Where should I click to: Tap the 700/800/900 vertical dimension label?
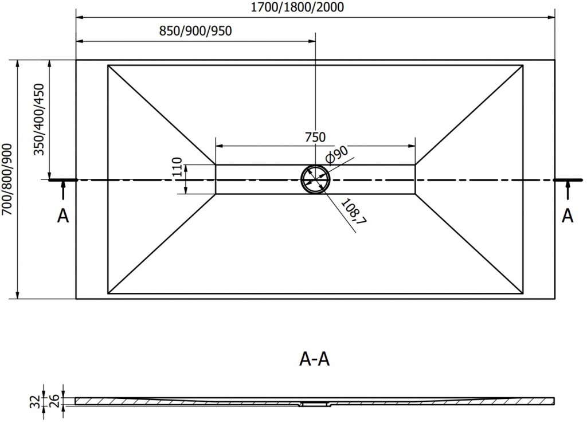[8, 179]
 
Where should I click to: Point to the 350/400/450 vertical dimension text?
[40, 119]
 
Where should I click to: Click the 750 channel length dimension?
[315, 137]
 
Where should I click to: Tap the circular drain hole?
[315, 179]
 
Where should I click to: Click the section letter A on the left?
[63, 216]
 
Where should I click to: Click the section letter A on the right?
[568, 216]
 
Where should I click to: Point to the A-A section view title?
[315, 359]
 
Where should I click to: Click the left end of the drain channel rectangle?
[216, 179]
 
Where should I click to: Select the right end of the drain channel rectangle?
[415, 179]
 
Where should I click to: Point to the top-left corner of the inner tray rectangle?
[108, 65]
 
